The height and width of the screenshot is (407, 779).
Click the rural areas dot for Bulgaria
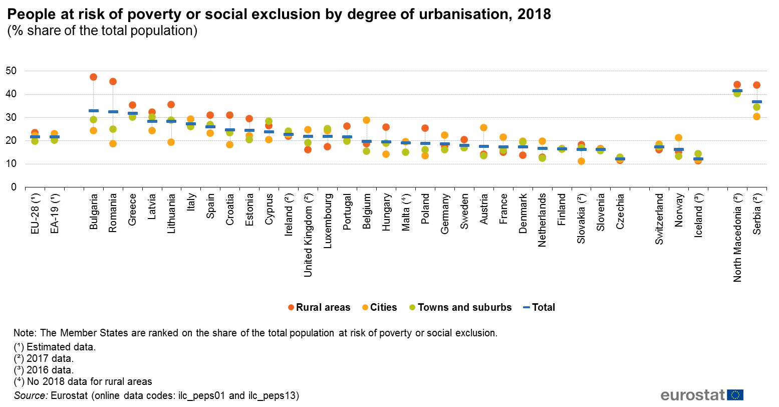pos(93,77)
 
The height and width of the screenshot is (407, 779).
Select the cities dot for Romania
pos(113,144)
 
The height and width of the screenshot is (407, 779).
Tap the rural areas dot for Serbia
pos(756,85)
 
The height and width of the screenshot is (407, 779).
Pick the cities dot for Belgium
pos(366,120)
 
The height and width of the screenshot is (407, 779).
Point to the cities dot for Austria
pos(483,128)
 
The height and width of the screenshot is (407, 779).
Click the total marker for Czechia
pos(620,159)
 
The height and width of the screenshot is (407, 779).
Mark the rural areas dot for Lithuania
pos(171,105)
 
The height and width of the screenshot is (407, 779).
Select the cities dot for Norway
pos(678,138)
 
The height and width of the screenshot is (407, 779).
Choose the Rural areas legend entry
pos(319,307)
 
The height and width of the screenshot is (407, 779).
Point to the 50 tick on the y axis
pos(11,71)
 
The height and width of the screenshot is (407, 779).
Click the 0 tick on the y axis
pos(14,187)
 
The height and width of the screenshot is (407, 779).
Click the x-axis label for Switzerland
pos(659,219)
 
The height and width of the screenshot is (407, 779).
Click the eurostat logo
pos(701,394)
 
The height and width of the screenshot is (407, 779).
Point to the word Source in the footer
pos(31,395)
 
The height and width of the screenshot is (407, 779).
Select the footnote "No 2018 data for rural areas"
pos(83,381)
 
